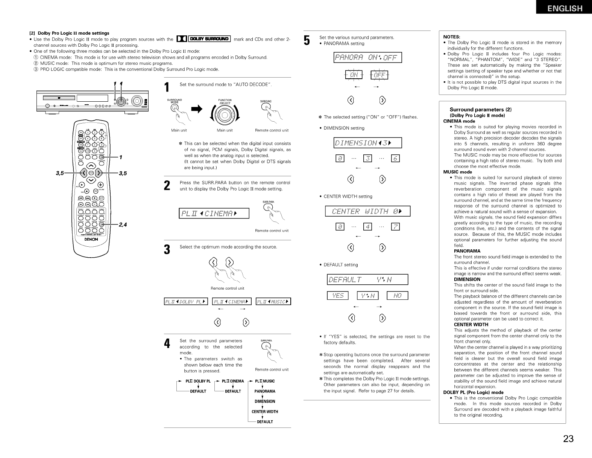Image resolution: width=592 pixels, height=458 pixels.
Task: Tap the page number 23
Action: tap(568, 439)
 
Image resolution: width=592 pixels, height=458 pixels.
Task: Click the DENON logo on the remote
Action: tap(91, 239)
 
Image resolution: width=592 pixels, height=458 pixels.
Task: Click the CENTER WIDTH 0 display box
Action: tap(367, 211)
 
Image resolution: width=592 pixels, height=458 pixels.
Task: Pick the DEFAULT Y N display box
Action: tap(367, 279)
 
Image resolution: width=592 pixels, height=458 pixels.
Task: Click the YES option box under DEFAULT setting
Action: tap(338, 296)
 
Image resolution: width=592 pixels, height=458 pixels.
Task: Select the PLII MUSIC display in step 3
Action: tap(273, 301)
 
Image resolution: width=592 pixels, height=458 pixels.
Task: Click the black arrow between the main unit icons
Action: tap(196, 109)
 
